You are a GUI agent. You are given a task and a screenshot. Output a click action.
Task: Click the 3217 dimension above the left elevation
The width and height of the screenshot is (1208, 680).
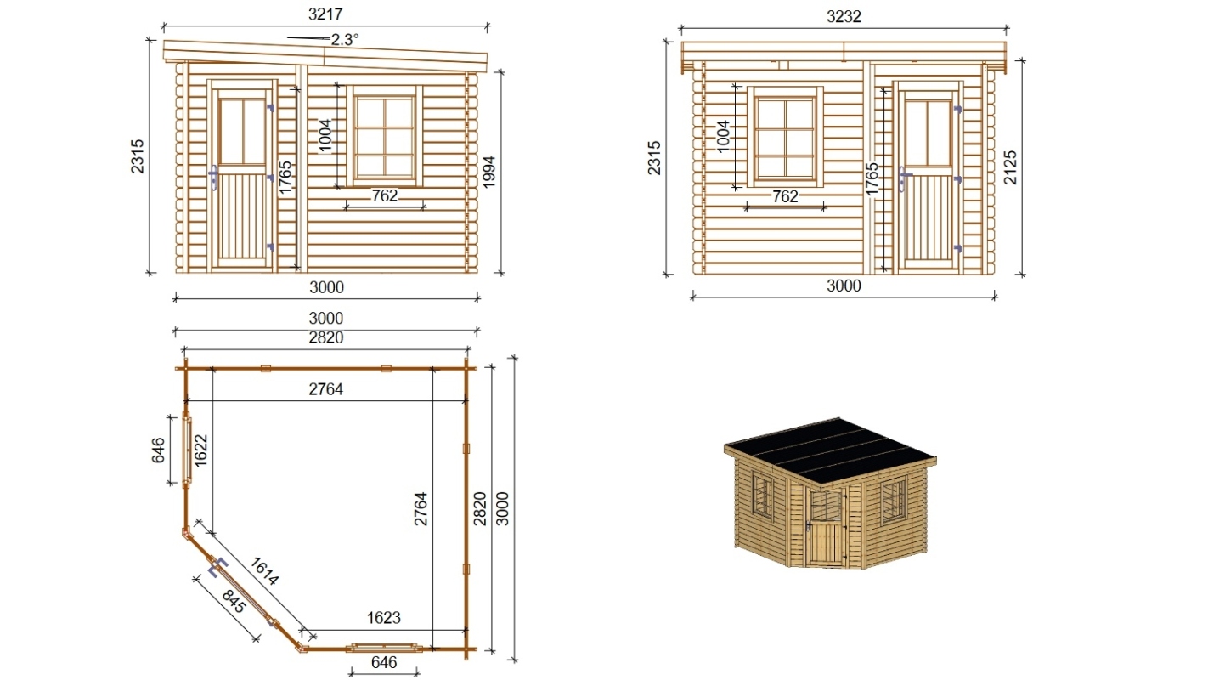(325, 14)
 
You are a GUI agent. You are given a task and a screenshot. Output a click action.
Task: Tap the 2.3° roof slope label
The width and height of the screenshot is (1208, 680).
(345, 40)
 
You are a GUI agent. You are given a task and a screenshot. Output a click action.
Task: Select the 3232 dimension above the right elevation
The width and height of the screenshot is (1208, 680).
(844, 17)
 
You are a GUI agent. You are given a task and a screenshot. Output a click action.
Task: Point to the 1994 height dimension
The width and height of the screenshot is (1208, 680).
(489, 173)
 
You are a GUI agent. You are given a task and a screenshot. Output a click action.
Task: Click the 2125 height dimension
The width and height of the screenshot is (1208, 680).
(1010, 167)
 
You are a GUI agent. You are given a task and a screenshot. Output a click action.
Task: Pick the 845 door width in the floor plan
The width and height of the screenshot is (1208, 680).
(234, 601)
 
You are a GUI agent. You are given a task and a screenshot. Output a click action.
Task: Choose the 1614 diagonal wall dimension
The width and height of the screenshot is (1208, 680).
(264, 571)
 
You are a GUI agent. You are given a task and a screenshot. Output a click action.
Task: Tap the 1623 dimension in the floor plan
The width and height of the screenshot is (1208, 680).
(383, 617)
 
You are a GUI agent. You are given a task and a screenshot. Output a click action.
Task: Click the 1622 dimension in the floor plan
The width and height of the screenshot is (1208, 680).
(200, 450)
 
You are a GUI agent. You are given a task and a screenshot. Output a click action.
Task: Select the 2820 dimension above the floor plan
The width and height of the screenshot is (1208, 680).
(325, 337)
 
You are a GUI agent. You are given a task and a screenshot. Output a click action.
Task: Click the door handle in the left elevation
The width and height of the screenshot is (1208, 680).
(213, 178)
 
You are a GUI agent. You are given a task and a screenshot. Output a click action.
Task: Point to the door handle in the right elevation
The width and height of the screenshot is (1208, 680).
(903, 178)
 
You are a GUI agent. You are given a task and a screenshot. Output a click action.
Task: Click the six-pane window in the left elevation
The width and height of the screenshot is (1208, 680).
(385, 136)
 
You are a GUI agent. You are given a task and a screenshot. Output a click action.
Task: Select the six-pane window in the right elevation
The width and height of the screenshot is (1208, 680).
(785, 137)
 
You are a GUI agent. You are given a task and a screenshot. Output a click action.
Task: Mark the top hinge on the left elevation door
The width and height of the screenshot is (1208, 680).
(271, 108)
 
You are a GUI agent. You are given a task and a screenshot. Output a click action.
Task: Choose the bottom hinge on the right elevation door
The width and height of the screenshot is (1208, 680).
(957, 248)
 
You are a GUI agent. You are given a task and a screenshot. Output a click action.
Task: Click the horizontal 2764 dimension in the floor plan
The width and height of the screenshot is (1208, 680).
(325, 389)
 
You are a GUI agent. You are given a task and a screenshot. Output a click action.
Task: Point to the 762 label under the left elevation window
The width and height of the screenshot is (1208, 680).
(385, 195)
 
